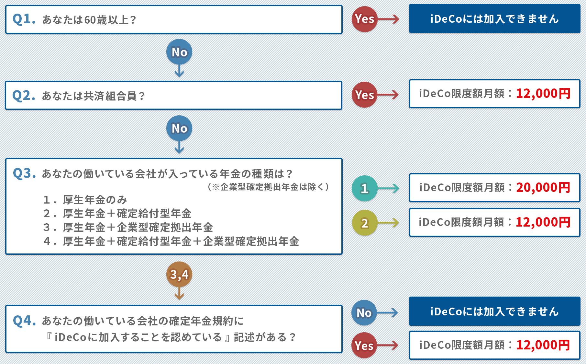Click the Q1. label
pos(24,19)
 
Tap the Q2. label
pos(24,96)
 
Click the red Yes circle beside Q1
pos(364,19)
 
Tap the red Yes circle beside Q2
pos(364,95)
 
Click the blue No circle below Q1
pos(179,52)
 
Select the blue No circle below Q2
pos(179,128)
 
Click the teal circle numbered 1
pos(365,188)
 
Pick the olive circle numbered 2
pos(365,223)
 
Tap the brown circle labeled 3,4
pos(179,275)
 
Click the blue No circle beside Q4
pos(364,313)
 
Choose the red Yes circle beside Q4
pos(364,346)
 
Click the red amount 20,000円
pos(543,188)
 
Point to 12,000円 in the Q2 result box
pos(543,94)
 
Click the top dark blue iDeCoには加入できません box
pos(494,19)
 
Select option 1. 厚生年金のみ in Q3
pos(85,200)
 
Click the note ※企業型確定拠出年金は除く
pos(268,187)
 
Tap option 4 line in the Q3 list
pos(171,241)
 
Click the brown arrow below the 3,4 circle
pos(179,294)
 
